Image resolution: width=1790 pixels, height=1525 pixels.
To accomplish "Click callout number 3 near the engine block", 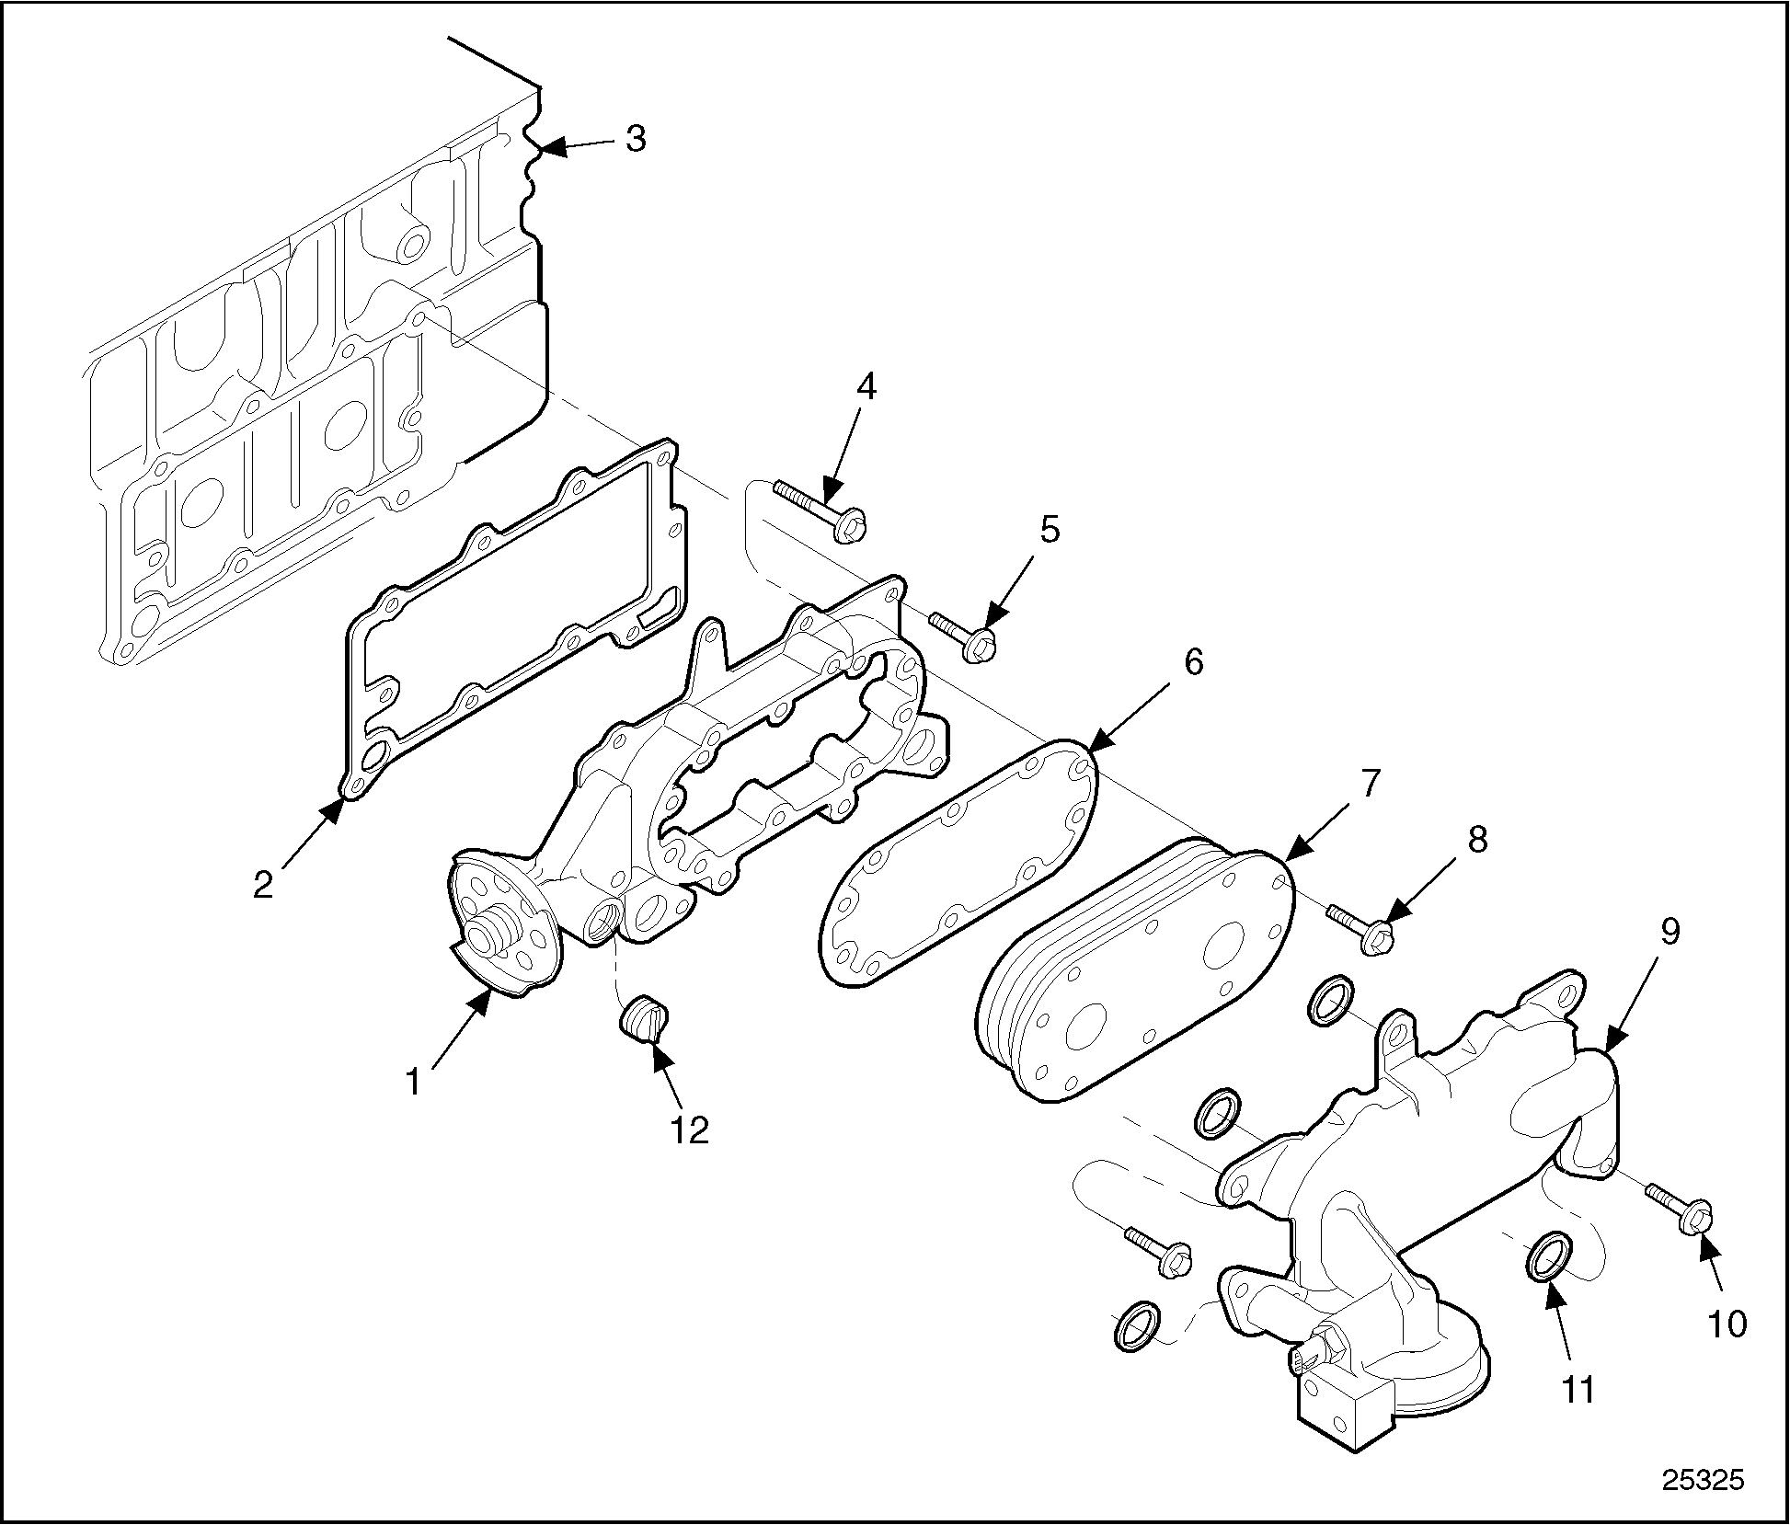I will (636, 140).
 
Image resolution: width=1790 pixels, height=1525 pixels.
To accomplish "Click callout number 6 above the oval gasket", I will (1194, 662).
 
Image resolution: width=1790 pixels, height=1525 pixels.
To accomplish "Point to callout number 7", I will (1370, 784).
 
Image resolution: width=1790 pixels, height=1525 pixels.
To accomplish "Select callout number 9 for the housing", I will (1670, 932).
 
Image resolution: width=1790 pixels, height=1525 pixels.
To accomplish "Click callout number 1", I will (414, 1082).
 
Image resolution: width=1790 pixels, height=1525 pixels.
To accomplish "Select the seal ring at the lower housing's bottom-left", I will (1137, 1326).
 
